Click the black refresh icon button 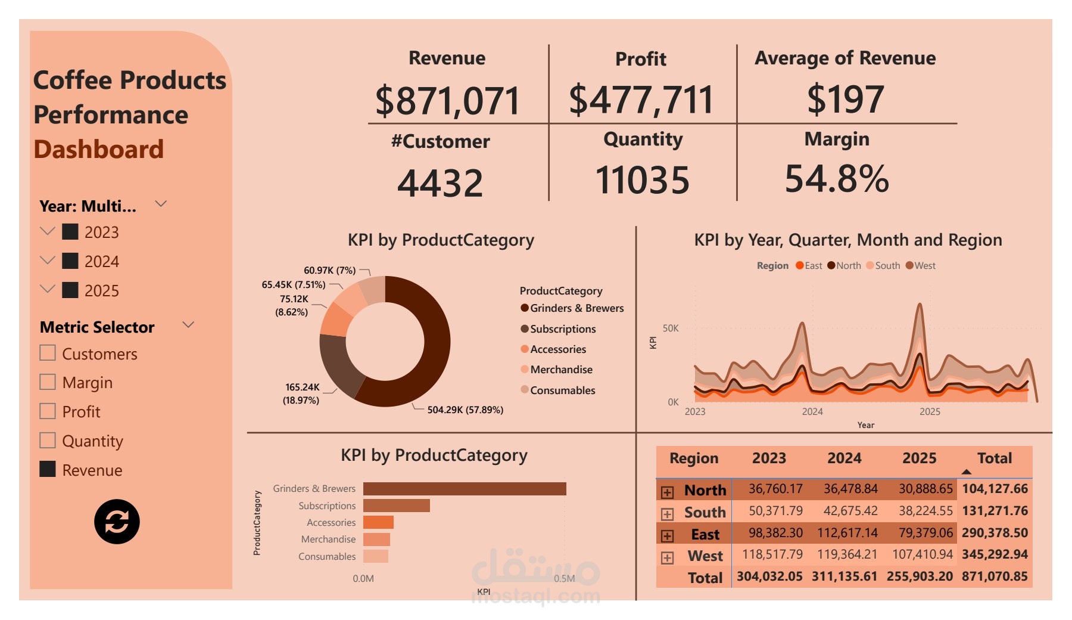click(x=117, y=522)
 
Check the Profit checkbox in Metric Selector click(x=48, y=411)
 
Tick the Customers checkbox click(x=48, y=353)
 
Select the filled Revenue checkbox click(x=48, y=469)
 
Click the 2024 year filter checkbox click(x=70, y=261)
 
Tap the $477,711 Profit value click(x=641, y=100)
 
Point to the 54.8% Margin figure click(x=837, y=179)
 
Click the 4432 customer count click(x=440, y=183)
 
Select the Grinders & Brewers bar click(x=465, y=489)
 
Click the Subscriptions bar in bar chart click(x=396, y=506)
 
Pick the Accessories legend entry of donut click(x=557, y=349)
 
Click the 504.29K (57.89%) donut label click(x=465, y=410)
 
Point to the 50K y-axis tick click(x=671, y=328)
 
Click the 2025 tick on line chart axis click(x=930, y=412)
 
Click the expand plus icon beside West click(x=667, y=558)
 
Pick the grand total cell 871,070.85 click(x=995, y=576)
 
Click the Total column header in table click(x=994, y=458)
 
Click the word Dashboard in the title click(x=98, y=150)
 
